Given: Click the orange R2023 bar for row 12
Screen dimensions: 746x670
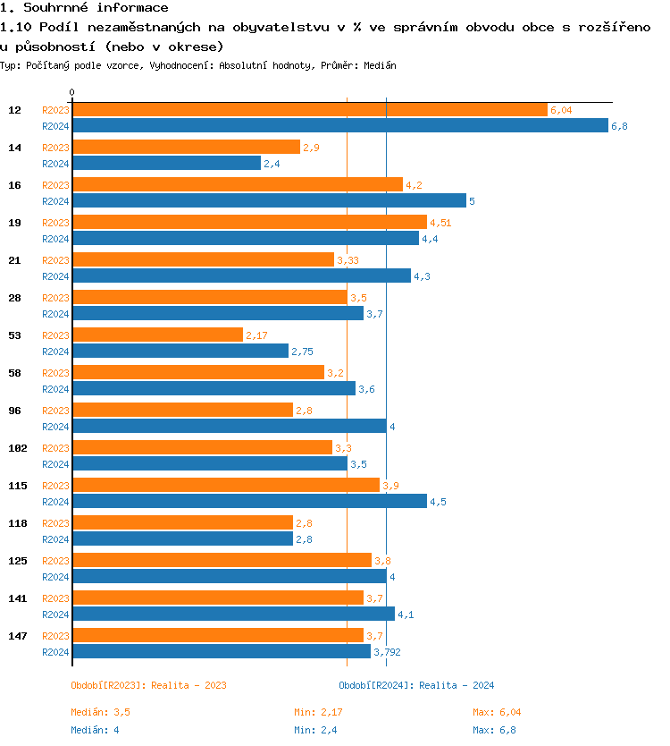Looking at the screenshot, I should click(309, 109).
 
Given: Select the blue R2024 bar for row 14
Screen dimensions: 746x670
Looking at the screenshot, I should click(166, 163).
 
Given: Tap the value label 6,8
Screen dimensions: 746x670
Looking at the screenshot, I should click(619, 126).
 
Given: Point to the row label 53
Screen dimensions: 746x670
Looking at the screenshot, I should click(15, 335).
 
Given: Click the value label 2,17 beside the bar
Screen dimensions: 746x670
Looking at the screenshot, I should click(257, 335).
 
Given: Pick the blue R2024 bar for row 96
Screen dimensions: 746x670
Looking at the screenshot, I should click(229, 426).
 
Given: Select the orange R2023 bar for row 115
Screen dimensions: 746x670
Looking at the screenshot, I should click(225, 485).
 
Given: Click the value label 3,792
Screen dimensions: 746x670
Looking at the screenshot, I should click(387, 652).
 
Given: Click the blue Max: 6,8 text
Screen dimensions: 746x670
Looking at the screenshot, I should click(494, 731).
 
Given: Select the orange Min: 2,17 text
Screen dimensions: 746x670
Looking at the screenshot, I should click(318, 713).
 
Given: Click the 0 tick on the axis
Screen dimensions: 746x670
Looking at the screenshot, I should click(71, 93).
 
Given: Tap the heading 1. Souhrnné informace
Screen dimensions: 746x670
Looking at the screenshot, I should click(84, 8).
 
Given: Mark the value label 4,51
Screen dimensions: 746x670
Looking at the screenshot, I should click(440, 223).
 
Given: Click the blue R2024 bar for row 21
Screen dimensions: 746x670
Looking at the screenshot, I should click(241, 276).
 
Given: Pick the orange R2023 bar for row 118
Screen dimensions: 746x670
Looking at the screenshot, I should click(182, 522).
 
